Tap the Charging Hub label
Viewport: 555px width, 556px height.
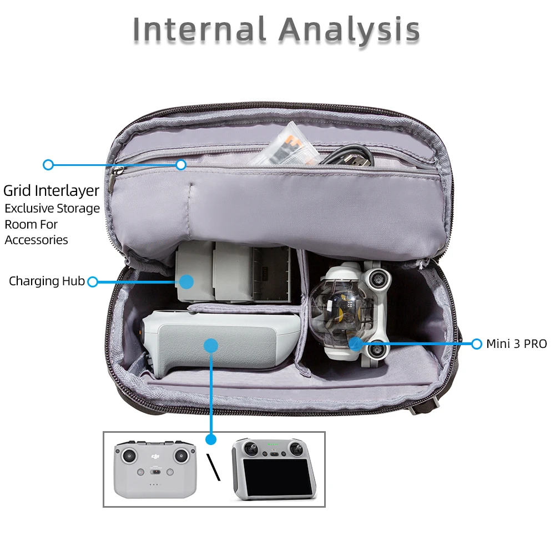pyautogui.click(x=47, y=281)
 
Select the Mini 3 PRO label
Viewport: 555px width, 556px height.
pyautogui.click(x=516, y=344)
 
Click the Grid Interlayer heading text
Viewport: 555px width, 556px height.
pyautogui.click(x=51, y=191)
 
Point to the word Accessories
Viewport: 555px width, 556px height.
pyautogui.click(x=37, y=240)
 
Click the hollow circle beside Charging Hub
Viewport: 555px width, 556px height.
pyautogui.click(x=93, y=282)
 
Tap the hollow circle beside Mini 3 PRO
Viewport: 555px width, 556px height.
pyautogui.click(x=476, y=344)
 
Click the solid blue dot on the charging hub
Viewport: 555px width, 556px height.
pyautogui.click(x=186, y=281)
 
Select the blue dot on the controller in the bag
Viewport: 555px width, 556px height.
pyautogui.click(x=210, y=346)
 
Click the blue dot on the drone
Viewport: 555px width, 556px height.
pyautogui.click(x=356, y=343)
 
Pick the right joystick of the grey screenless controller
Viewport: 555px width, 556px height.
pyautogui.click(x=181, y=456)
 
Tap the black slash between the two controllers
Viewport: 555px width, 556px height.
pyautogui.click(x=214, y=467)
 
